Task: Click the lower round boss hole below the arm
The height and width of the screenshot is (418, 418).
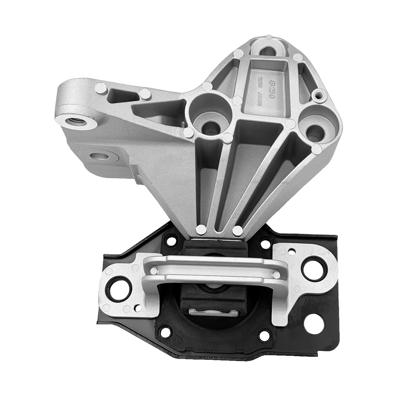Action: (101, 156)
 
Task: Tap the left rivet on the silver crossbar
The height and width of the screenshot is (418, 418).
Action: (154, 271)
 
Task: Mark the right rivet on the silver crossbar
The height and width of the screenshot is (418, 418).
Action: (276, 275)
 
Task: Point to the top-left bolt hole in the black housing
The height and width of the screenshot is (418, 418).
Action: (171, 240)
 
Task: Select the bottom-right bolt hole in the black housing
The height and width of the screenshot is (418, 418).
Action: (264, 335)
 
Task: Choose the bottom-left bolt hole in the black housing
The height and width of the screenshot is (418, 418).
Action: (166, 332)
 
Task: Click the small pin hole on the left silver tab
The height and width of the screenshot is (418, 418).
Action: (138, 308)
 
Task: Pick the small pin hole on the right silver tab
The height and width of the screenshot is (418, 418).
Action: (292, 251)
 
